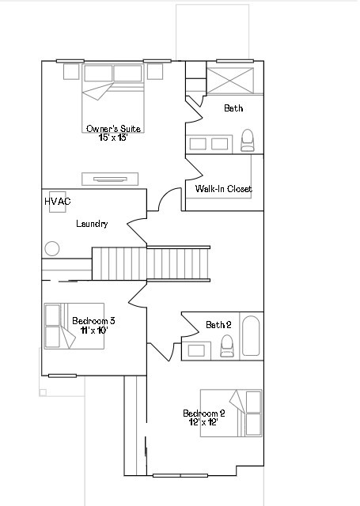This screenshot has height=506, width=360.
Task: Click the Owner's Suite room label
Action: coord(113,128)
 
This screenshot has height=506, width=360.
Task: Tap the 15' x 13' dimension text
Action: coord(113,138)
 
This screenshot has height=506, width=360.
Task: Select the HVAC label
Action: coord(58,202)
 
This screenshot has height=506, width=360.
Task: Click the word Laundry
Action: coord(92,224)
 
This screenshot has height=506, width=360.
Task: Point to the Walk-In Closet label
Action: coord(223,188)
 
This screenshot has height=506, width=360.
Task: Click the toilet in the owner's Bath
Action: coord(248,140)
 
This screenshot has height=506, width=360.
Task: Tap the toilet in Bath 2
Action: coord(226,346)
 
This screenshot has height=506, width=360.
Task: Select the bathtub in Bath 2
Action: coord(251,336)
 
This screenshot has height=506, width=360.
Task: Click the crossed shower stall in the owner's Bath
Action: coord(230,81)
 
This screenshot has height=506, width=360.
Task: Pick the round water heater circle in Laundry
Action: coord(52,249)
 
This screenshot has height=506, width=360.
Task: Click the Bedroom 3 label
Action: coord(93,321)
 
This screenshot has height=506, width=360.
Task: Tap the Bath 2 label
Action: coord(218,325)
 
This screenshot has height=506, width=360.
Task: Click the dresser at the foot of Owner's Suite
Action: coord(110,179)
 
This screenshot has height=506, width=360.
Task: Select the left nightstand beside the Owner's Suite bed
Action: coord(71,71)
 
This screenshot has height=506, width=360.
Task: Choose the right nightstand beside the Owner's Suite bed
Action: coord(155,71)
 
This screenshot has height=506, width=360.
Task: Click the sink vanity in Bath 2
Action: coord(196,351)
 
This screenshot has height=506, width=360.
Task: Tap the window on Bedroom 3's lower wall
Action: coord(63,376)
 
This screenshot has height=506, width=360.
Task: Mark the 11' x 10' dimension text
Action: coord(94,330)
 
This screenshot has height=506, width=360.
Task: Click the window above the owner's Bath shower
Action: coord(235,61)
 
